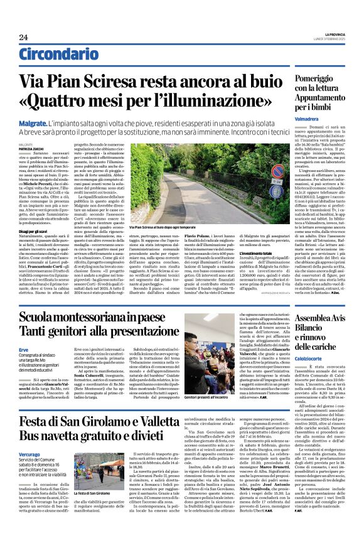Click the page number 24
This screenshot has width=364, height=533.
(23, 37)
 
